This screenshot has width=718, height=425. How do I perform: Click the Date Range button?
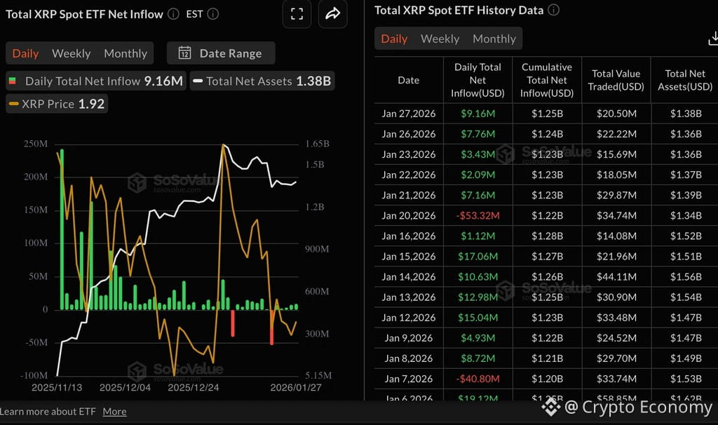tap(221, 53)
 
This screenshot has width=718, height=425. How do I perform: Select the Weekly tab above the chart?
tap(71, 53)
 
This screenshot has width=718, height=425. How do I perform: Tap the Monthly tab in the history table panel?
tap(494, 39)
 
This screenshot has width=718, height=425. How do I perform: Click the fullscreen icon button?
tap(297, 14)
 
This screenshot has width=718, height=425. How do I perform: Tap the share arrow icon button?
tap(333, 14)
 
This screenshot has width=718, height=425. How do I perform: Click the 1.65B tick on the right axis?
tap(317, 144)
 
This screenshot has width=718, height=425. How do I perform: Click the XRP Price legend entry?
tap(57, 104)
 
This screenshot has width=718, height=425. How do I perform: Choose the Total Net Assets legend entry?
tap(261, 81)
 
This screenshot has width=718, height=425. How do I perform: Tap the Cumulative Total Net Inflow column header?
tap(546, 80)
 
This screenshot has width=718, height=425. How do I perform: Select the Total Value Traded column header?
tap(616, 80)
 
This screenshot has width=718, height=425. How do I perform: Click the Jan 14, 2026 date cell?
tap(409, 276)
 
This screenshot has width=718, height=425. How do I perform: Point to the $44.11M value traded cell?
tap(616, 276)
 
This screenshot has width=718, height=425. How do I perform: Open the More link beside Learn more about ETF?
tap(114, 412)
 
